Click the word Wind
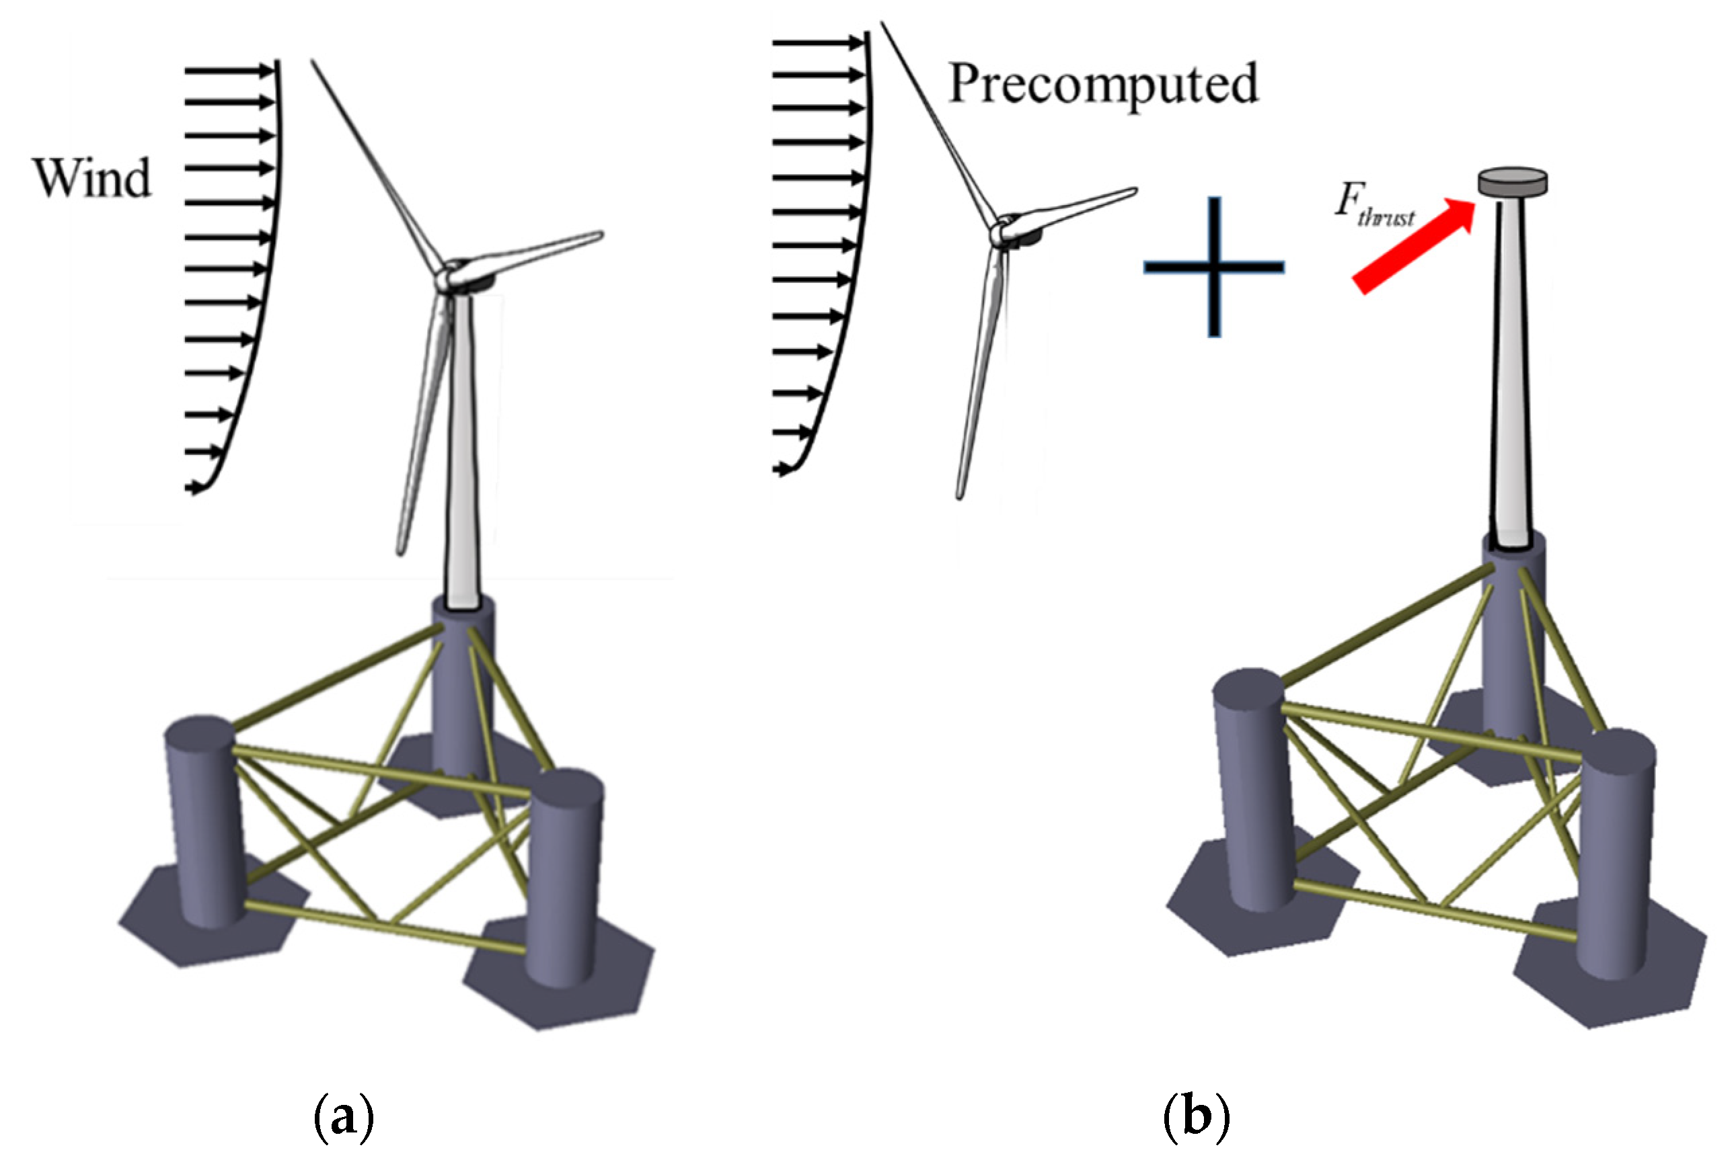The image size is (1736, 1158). [91, 178]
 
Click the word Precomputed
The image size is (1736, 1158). [1102, 84]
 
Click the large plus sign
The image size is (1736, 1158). [1213, 267]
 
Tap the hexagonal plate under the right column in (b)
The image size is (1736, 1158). [1611, 975]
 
